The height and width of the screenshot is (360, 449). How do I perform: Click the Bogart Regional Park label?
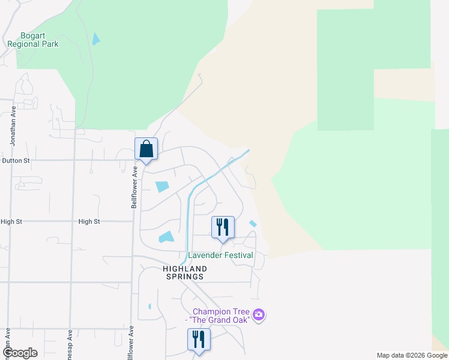32,40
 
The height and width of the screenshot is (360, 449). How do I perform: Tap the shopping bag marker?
146,149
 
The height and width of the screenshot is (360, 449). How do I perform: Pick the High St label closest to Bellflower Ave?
89,221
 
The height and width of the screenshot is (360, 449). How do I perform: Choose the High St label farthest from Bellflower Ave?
11,221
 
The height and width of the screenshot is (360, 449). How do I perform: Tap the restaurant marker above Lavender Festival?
223,227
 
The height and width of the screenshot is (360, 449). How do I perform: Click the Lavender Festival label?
221,255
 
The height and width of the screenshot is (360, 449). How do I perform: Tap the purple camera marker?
259,314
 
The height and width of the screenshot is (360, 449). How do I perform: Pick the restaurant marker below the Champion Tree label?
198,340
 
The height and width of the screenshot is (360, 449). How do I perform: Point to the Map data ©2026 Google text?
412,355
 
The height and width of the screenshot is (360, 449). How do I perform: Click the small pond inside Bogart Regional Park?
95,40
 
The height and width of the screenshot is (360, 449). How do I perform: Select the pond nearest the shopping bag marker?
162,187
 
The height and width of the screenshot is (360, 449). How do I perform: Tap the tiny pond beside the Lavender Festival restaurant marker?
253,224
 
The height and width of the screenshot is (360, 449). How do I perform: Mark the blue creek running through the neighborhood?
189,210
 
